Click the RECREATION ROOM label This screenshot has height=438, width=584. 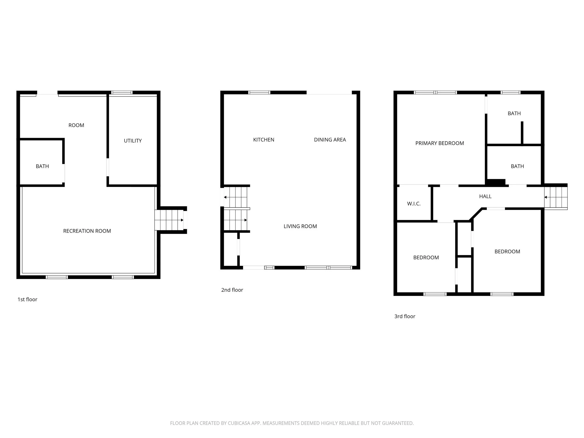point(87,231)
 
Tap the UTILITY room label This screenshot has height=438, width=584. point(132,141)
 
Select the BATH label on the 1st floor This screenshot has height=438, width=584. point(42,166)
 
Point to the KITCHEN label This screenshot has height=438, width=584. point(264,140)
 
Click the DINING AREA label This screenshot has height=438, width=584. point(330,140)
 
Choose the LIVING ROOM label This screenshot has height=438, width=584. point(300,226)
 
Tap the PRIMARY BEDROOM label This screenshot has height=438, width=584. point(439,143)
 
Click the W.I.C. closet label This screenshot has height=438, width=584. point(414,203)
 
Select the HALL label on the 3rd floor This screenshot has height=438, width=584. point(485,196)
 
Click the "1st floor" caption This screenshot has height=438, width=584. point(28,299)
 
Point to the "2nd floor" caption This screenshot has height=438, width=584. point(232,290)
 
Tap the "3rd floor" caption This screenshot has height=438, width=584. point(405,316)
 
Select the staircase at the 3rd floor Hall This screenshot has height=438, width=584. point(556,197)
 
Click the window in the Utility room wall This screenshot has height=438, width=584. point(122,93)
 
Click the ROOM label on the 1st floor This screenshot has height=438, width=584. point(76,125)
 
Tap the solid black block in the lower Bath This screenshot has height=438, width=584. point(496,182)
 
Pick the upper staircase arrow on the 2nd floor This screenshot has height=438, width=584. point(225,197)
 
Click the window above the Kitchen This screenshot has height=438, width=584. point(260,93)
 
